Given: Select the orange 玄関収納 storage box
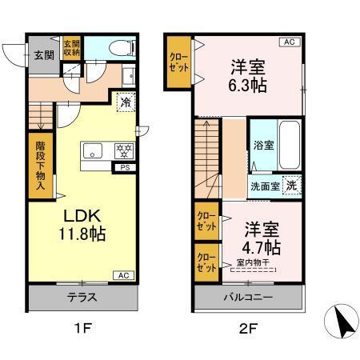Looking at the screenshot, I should (71, 49).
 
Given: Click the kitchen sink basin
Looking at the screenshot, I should (90, 150).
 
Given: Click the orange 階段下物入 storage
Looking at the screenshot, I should (39, 166).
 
